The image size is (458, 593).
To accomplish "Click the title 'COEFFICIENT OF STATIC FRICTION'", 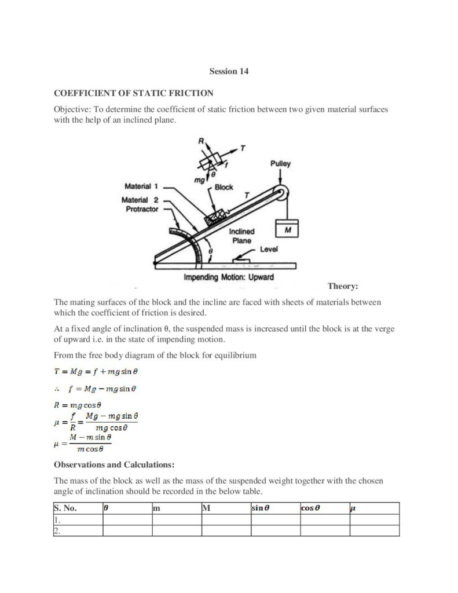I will coord(134,93).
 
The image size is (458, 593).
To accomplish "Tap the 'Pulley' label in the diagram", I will coord(280,164).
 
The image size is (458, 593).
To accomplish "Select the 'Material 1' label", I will coord(138,186).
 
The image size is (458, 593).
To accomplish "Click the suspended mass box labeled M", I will coord(287,229).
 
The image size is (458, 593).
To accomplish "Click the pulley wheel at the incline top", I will coord(281,193).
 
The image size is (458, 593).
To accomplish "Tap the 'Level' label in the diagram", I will coord(269,249).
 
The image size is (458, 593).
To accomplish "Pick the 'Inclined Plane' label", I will coord(241,236).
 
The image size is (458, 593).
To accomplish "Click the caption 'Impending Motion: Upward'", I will coord(229,277).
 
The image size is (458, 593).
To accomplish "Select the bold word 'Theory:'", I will coord(343,286).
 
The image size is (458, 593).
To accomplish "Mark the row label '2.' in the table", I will coord(57,530).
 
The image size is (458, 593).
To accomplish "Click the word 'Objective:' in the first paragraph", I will coord(73,109).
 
